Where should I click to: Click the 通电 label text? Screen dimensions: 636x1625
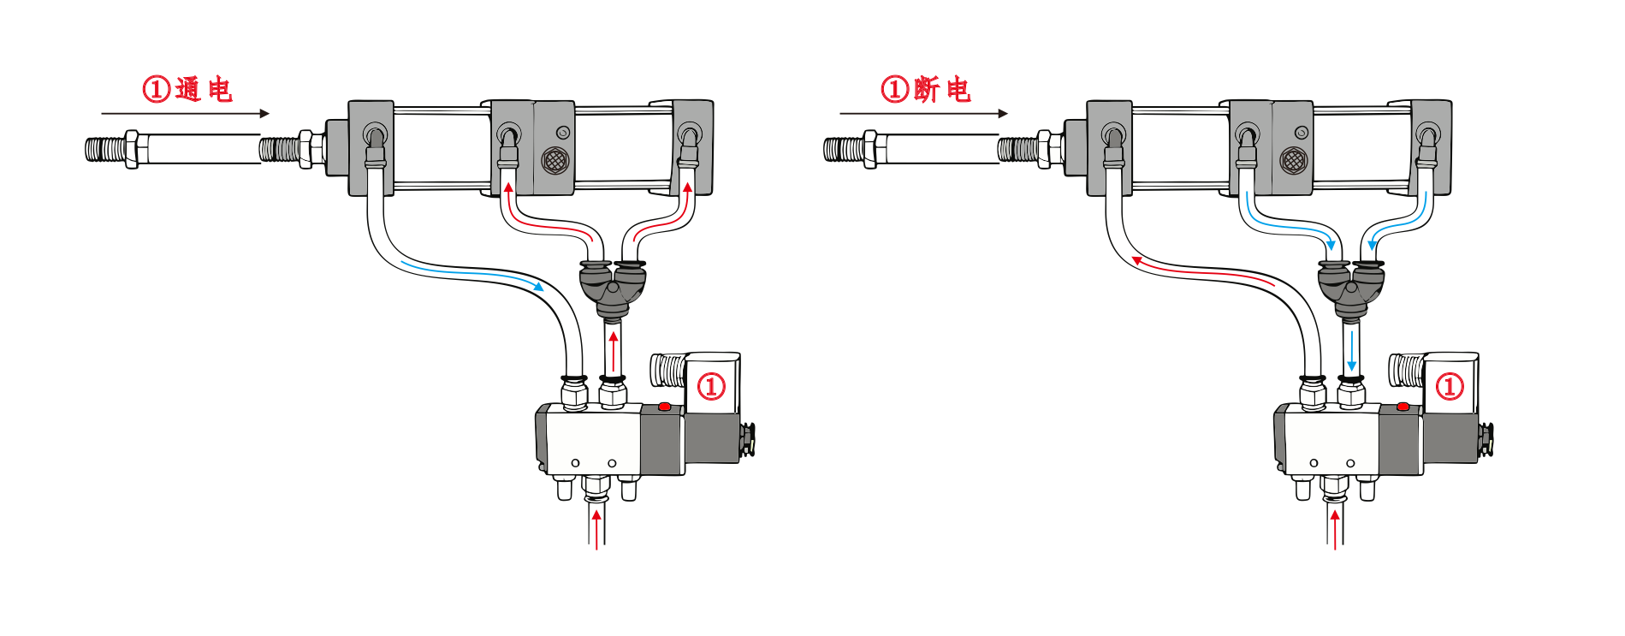tap(204, 89)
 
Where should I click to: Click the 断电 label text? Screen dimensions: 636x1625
tap(942, 89)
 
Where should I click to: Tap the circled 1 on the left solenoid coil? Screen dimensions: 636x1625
tap(711, 386)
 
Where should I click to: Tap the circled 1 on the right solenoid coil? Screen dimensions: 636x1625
tap(1450, 386)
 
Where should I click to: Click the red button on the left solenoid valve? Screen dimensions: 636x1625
tap(664, 407)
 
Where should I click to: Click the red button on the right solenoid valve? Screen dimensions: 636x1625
tap(1403, 407)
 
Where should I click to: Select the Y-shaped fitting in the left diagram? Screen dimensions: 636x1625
tap(613, 287)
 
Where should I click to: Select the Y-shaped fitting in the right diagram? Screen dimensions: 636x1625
tap(1351, 287)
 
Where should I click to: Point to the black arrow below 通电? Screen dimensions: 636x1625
tap(185, 113)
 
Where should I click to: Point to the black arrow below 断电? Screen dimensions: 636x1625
tap(923, 113)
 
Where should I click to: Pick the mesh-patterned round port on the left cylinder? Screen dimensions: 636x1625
tap(555, 160)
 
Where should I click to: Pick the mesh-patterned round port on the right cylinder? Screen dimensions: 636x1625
tap(1293, 160)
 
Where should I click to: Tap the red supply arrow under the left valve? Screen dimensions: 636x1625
tap(596, 526)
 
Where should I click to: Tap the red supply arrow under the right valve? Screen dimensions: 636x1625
tap(1335, 526)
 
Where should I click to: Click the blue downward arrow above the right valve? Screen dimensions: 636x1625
tap(1352, 351)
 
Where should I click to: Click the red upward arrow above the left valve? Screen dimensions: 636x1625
tap(613, 351)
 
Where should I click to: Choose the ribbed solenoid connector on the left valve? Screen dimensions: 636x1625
tap(667, 370)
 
